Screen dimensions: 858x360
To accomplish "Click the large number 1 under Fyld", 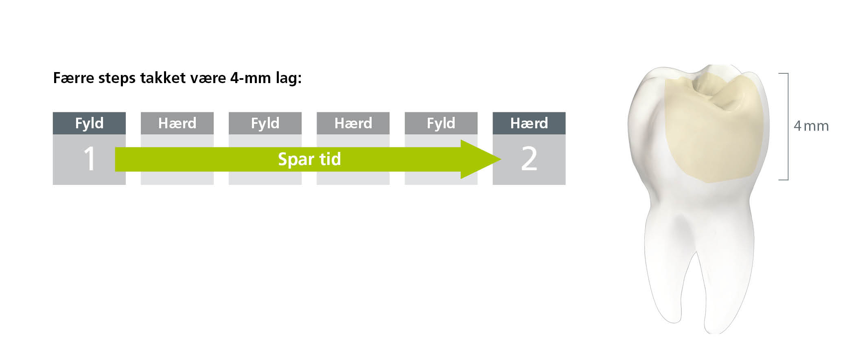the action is tap(90, 158).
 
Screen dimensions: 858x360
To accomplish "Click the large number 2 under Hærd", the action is tap(529, 158).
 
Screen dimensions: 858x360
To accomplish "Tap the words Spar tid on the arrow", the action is tap(309, 159).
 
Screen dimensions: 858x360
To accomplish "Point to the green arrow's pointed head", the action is tap(501, 159).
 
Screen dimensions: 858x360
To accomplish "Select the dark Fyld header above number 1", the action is tap(89, 123).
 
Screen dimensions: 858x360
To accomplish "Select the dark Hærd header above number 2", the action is tap(529, 123).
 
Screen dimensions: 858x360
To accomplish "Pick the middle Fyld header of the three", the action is tap(265, 123).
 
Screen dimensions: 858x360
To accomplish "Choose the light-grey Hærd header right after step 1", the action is tap(177, 123).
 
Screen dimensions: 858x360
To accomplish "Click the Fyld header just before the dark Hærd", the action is tap(441, 123).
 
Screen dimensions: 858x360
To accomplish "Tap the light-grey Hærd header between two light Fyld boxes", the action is tap(353, 123).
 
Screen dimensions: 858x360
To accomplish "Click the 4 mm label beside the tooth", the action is tap(811, 126).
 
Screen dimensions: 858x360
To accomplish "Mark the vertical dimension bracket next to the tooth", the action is tap(788, 126).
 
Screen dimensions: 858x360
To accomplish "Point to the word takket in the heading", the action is tap(163, 78).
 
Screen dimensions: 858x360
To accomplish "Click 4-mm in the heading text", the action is tap(250, 78).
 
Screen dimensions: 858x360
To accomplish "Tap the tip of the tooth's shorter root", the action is tap(674, 322).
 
